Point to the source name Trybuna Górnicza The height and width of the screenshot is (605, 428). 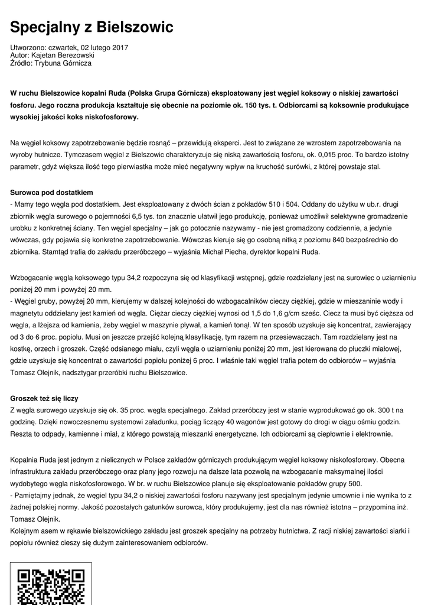click(63, 63)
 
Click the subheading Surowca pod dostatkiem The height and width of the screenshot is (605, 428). click(52, 193)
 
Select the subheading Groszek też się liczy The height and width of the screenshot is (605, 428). click(44, 398)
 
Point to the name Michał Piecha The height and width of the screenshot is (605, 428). click(238, 252)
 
